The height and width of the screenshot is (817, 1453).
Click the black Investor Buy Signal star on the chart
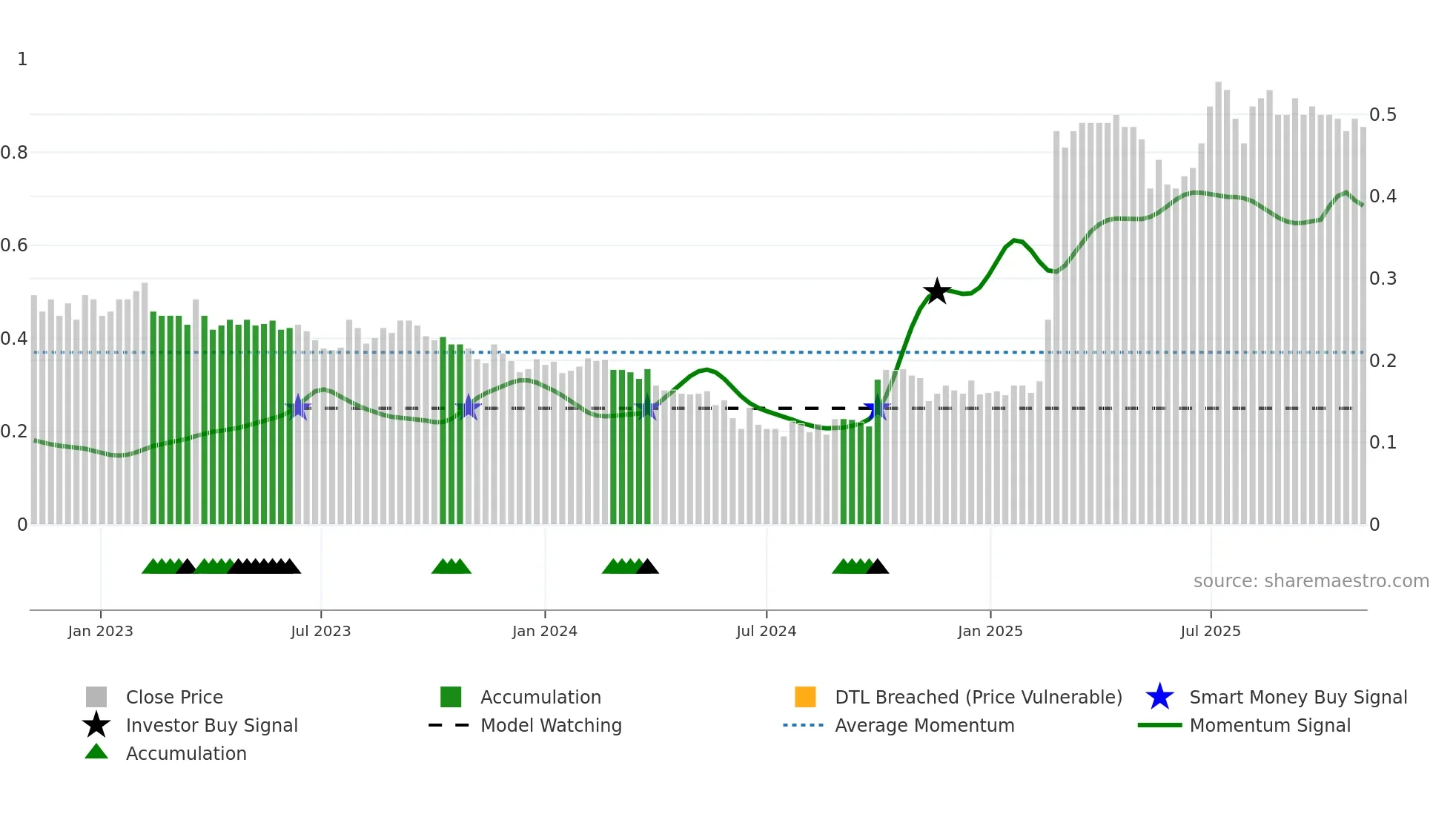coord(937,291)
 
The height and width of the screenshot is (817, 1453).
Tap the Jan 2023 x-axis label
coord(100,631)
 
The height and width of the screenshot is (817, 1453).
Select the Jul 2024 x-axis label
coord(766,631)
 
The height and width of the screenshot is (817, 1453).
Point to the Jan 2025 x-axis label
coord(990,631)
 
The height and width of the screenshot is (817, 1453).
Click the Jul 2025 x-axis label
coord(1210,631)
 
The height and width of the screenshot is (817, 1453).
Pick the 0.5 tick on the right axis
coord(1383,115)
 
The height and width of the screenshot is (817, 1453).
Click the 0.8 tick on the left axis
coord(15,153)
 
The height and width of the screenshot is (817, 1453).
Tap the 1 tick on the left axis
coord(22,59)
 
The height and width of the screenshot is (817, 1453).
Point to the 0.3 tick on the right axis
coord(1383,279)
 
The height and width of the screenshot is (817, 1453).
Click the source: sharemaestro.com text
coord(1311,581)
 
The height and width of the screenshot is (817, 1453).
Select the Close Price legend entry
coord(174,697)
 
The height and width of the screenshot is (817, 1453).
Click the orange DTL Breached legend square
coord(805,697)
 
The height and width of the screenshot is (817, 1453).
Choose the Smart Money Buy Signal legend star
coord(1159,697)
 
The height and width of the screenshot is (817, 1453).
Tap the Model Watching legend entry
coord(551,725)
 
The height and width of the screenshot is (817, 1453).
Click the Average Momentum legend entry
coord(924,725)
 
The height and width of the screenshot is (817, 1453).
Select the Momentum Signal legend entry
coord(1270,725)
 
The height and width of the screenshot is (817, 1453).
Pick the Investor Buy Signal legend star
coord(96,725)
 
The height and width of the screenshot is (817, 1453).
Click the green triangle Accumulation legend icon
coord(96,752)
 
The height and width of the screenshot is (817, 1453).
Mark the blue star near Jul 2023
coord(298,407)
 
